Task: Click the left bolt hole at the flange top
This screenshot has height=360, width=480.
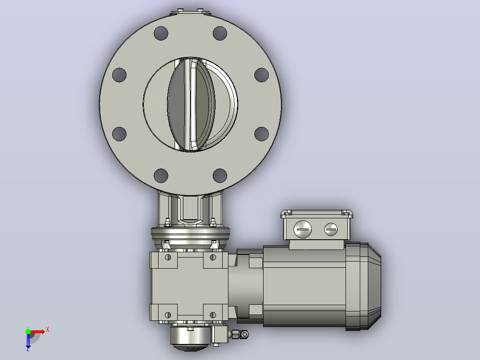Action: [x=161, y=33]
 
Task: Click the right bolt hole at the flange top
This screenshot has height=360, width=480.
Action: [x=220, y=33]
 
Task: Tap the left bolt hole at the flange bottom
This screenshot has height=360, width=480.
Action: [x=161, y=176]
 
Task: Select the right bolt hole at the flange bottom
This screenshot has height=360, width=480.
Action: [x=220, y=176]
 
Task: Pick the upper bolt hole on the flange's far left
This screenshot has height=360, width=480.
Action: [x=119, y=75]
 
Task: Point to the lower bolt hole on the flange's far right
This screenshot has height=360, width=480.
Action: [x=261, y=134]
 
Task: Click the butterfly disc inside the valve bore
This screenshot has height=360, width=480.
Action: [x=191, y=104]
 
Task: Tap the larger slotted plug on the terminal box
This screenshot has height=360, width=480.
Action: [x=302, y=229]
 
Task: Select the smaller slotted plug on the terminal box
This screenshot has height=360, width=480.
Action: [x=331, y=229]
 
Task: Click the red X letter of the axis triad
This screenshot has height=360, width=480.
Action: [x=48, y=330]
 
